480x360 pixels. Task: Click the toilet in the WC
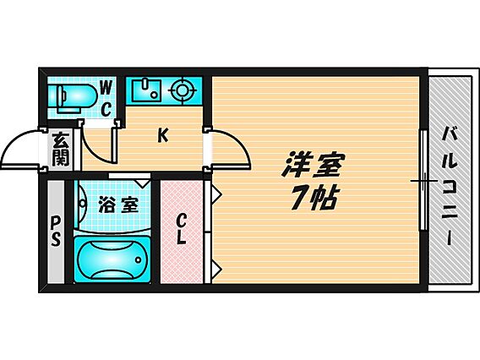tap(74, 97)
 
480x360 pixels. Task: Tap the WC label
tap(106, 98)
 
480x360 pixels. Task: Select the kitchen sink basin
tap(146, 90)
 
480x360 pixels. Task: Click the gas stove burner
tap(182, 90)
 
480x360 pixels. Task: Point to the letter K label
tap(163, 135)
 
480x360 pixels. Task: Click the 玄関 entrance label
tap(61, 149)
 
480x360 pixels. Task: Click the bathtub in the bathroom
tap(112, 259)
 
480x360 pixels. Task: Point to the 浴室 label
tap(118, 205)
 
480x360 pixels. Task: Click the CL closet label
tap(181, 228)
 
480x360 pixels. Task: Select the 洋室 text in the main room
tap(313, 165)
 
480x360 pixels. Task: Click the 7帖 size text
tap(314, 198)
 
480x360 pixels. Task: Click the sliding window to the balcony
tap(423, 180)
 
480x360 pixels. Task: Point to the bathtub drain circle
tap(139, 260)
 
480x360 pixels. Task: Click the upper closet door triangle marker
tap(216, 194)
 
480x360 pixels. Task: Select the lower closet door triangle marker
tap(216, 270)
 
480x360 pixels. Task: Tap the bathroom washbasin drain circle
tap(83, 203)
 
